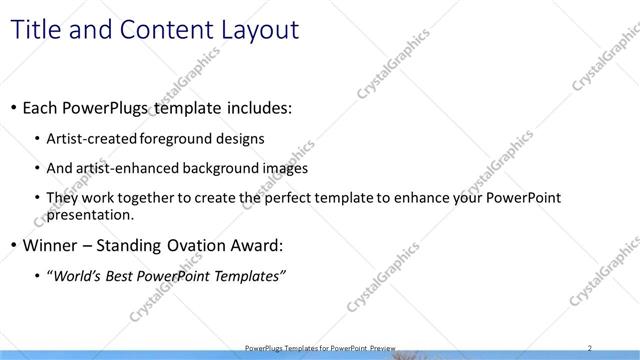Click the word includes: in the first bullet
coord(258,106)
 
